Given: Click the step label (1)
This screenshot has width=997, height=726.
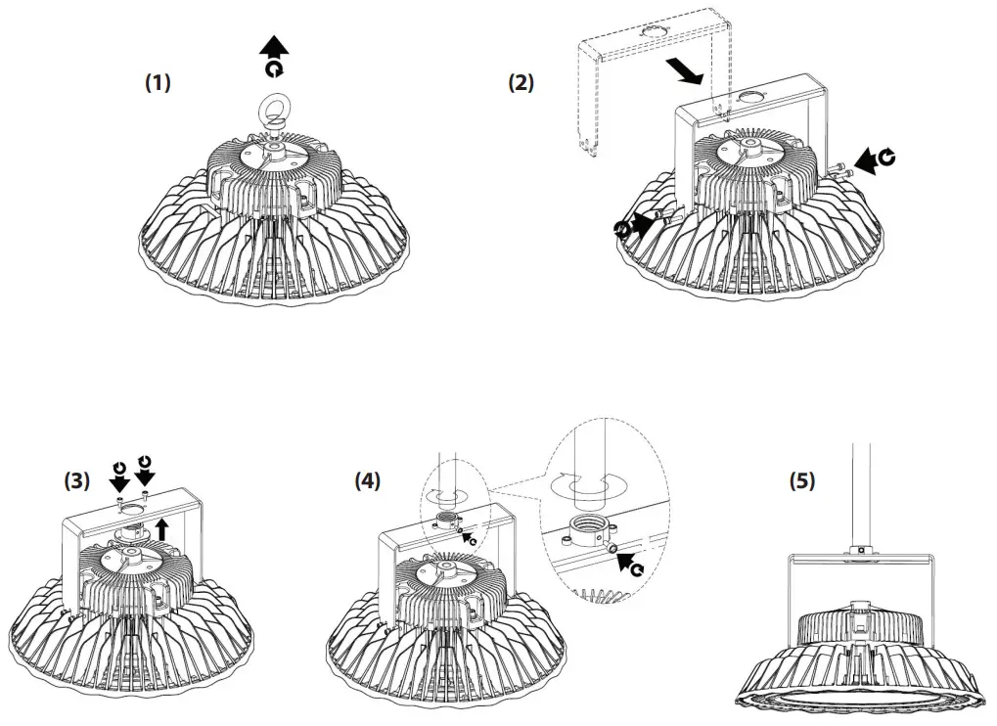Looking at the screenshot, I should [x=158, y=83].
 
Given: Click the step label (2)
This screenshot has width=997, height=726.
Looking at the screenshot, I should [x=521, y=83].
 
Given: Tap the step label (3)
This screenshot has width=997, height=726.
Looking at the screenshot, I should [x=77, y=481].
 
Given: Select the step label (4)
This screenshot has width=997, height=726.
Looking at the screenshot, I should [x=369, y=481].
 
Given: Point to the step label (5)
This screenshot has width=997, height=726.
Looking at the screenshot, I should [x=802, y=481].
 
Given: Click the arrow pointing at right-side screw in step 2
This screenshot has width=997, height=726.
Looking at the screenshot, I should [x=869, y=162].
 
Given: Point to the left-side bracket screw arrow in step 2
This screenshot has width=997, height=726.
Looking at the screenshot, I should [x=636, y=226].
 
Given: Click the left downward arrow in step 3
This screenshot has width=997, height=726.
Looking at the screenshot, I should [x=119, y=481].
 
